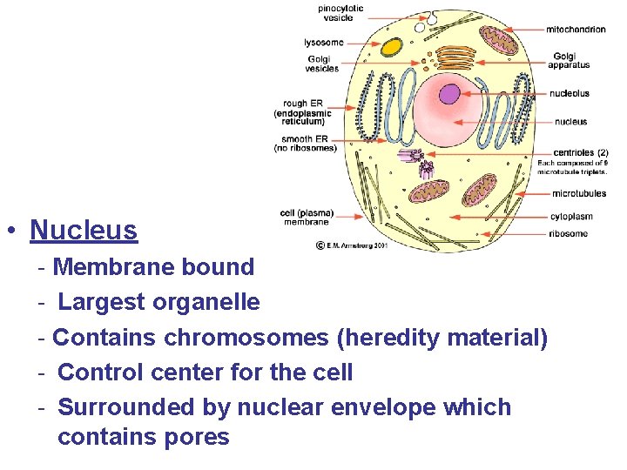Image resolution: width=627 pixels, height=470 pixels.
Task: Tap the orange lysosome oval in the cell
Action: point(392,47)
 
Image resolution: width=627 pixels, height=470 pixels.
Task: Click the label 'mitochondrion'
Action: point(576,30)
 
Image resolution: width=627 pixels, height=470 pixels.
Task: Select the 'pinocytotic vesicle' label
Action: point(340,13)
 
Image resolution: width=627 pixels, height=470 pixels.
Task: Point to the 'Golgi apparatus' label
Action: point(570,61)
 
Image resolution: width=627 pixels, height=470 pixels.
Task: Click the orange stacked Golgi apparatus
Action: point(455,58)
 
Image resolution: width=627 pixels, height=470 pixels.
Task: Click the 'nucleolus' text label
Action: point(569,93)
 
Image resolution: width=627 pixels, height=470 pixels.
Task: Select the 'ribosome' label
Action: point(569,233)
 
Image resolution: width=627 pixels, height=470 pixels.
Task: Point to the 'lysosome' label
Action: point(323,42)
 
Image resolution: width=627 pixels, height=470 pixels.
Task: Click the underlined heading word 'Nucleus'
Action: point(84,231)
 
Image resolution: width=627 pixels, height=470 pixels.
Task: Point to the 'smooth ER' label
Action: point(305,139)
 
